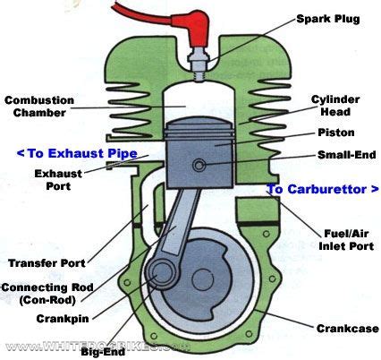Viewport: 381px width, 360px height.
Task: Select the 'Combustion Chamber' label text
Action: coord(40,105)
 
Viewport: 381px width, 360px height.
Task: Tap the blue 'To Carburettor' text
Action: coord(321,189)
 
